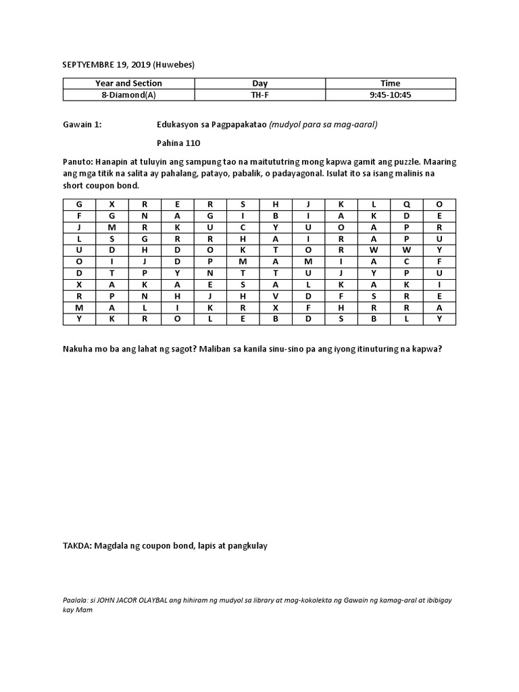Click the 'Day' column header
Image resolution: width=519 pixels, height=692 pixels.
coord(260,83)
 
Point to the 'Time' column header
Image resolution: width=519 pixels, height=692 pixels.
coord(391,83)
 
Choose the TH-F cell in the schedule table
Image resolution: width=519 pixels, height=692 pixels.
coord(260,95)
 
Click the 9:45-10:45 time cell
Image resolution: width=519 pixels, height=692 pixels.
coord(391,95)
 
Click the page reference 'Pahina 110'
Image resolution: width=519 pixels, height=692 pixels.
coord(178,143)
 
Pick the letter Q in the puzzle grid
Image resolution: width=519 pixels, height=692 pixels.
coord(407,203)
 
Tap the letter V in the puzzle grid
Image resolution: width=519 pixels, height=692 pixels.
coord(276,295)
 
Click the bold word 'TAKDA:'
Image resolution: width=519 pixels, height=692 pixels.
coord(78,545)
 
